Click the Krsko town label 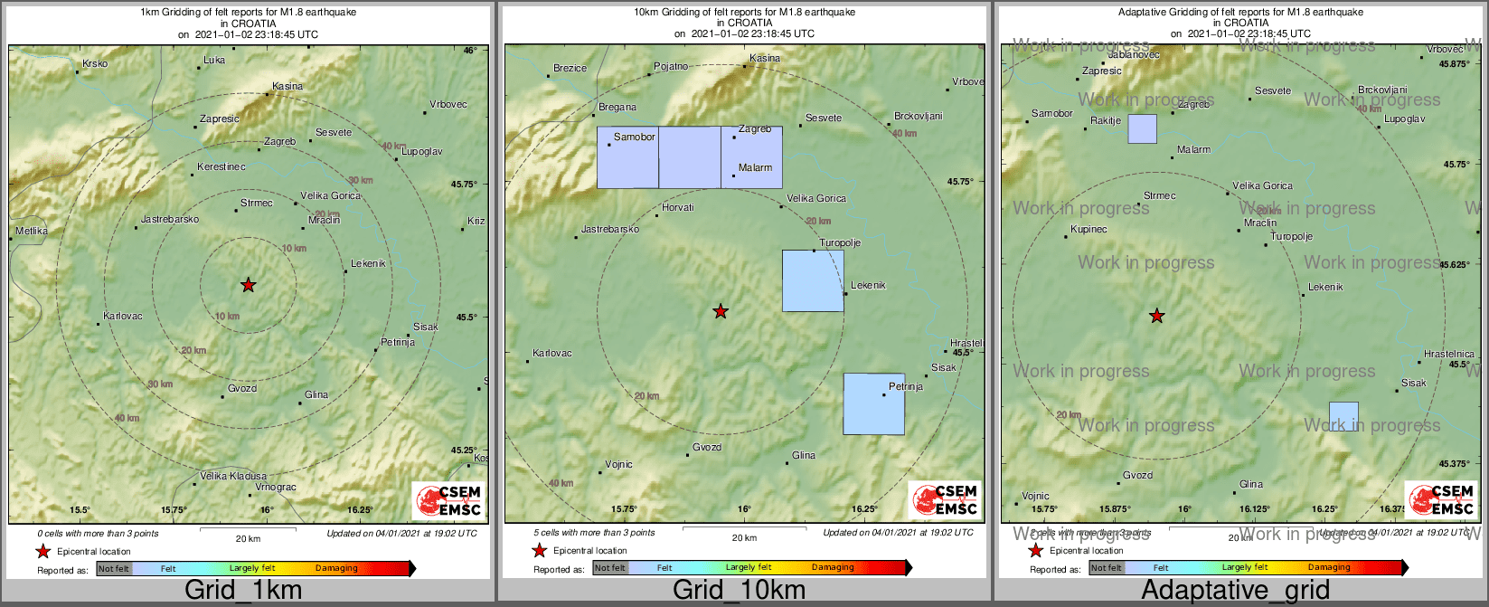tap(95, 64)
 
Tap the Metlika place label tap(32, 232)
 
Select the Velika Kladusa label tap(233, 476)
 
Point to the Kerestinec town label tap(221, 167)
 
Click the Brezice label tap(570, 69)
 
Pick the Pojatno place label tap(671, 67)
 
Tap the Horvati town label tap(678, 208)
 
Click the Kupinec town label tap(1088, 230)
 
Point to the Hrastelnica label tap(1448, 355)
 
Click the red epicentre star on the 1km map tap(249, 286)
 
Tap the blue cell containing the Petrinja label tap(873, 404)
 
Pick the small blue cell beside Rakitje tap(1142, 129)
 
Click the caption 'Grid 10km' tap(739, 591)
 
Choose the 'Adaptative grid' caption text tap(1235, 591)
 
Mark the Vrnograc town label tap(276, 488)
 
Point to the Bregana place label tap(617, 108)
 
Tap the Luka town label tap(214, 61)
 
